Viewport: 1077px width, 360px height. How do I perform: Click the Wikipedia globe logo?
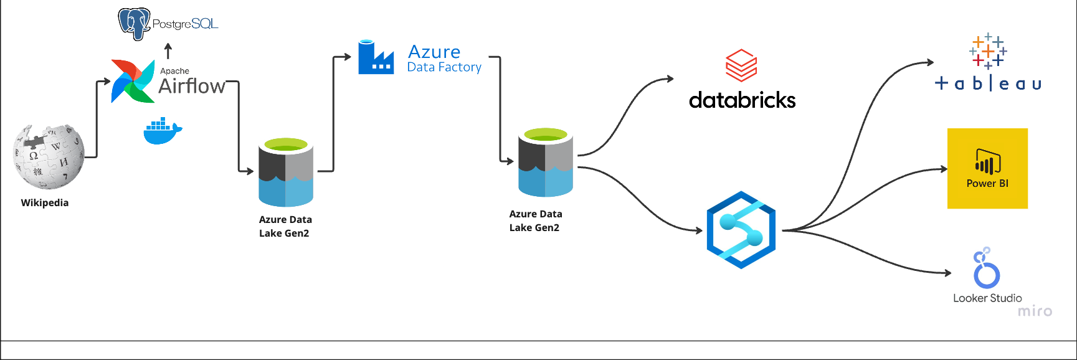(49, 156)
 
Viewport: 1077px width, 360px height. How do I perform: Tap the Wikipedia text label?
(45, 202)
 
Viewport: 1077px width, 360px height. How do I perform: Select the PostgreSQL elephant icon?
(135, 24)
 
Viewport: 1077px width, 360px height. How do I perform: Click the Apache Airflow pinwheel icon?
(133, 81)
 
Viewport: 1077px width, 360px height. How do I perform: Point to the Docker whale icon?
(162, 131)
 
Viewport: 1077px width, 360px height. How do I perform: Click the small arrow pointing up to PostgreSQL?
(168, 50)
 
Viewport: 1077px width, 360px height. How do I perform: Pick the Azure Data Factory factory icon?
(376, 58)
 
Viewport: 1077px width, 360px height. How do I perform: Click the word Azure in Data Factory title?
(434, 52)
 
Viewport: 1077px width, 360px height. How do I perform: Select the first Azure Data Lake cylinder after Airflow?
(286, 173)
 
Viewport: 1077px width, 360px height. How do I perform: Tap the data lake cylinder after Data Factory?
(546, 163)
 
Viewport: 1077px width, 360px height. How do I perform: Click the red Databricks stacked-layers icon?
(741, 65)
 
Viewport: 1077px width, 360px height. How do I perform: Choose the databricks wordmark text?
(742, 100)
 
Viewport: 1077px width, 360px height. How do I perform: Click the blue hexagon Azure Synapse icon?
(741, 230)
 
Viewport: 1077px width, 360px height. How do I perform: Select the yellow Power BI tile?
(987, 168)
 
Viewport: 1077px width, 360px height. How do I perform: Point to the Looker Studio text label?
(987, 298)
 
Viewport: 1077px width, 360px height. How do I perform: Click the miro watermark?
(1035, 311)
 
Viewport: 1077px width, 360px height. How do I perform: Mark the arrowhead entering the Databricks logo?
(670, 78)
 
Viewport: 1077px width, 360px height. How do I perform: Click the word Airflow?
(192, 86)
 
